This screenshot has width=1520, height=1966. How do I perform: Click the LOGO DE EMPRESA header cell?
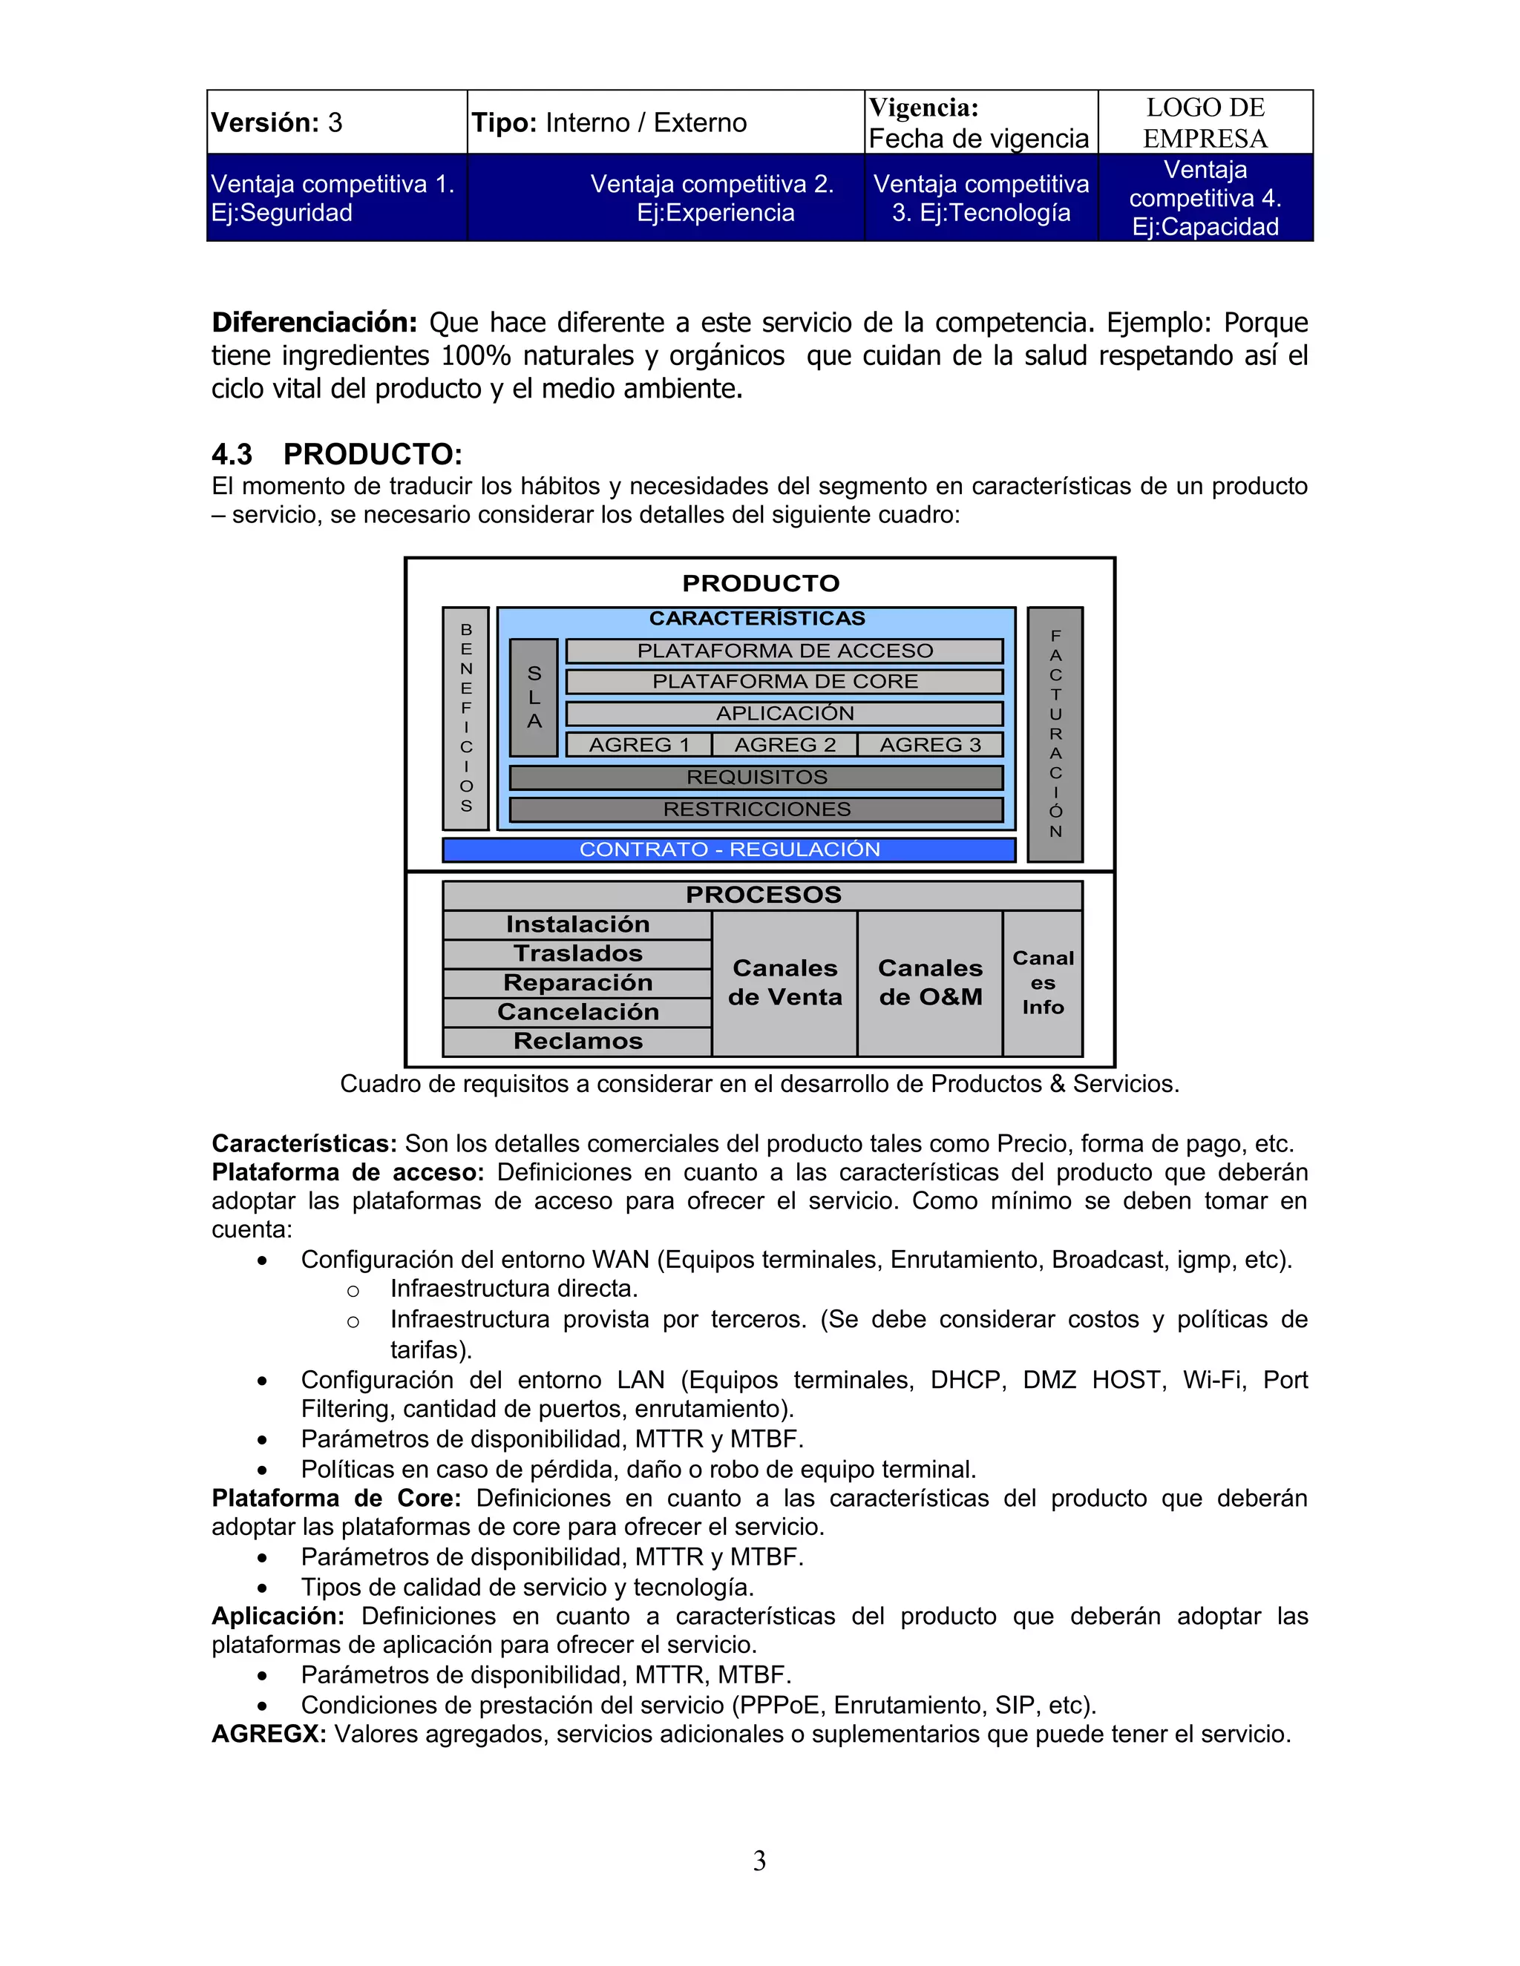click(x=1205, y=122)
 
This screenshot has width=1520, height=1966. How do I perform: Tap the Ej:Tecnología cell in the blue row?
click(x=980, y=198)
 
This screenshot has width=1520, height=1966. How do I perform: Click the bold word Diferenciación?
click(x=314, y=322)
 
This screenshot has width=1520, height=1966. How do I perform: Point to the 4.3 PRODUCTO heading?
click(x=337, y=454)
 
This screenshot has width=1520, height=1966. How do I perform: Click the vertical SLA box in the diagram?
click(x=534, y=697)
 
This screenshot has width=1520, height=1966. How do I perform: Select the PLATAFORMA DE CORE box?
click(x=784, y=682)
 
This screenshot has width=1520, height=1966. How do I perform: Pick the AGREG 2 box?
click(x=784, y=744)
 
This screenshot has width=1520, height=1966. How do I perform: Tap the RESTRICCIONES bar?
click(x=756, y=809)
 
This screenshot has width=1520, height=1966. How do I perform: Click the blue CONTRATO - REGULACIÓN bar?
click(x=730, y=849)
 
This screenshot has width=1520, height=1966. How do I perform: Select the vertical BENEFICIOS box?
click(x=465, y=718)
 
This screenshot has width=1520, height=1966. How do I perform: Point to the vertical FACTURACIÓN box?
click(x=1055, y=734)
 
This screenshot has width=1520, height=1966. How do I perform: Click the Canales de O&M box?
click(x=930, y=982)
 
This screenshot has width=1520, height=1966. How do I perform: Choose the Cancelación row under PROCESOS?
click(x=577, y=1012)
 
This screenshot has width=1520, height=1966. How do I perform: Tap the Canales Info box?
click(x=1043, y=982)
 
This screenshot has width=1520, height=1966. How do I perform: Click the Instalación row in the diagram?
click(x=577, y=924)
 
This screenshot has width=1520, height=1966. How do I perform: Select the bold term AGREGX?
click(x=269, y=1734)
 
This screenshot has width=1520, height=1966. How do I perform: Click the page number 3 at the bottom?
click(x=759, y=1861)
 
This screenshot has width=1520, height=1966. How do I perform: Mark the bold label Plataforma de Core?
click(x=336, y=1498)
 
